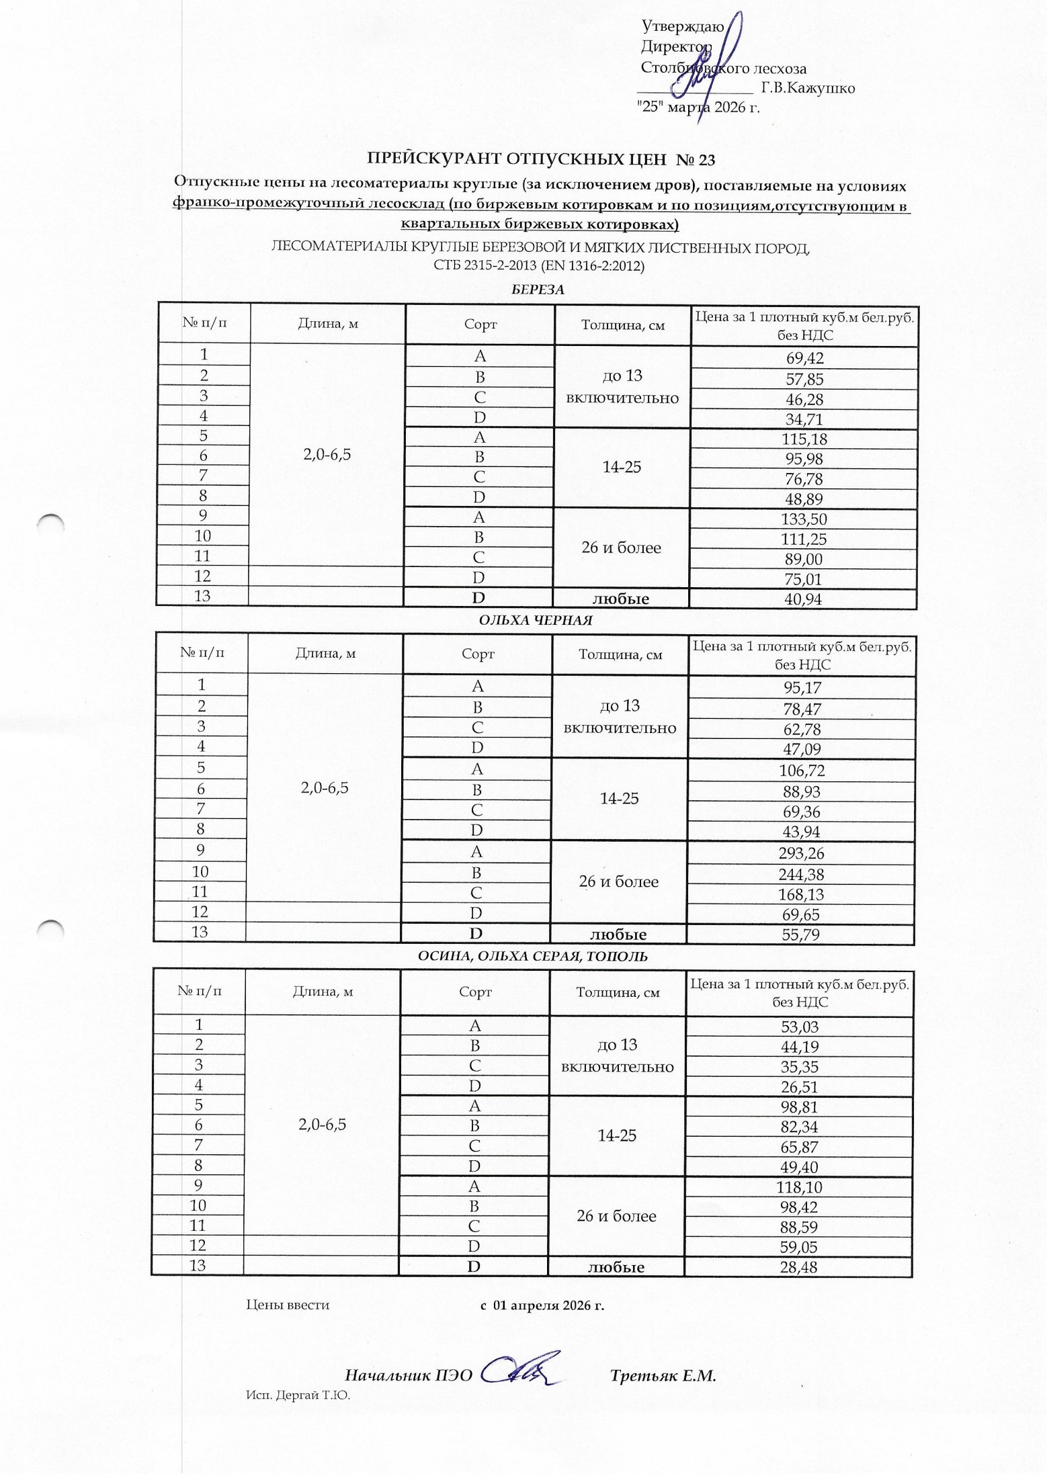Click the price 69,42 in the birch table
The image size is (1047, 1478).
click(804, 358)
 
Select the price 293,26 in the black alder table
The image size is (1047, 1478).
click(802, 853)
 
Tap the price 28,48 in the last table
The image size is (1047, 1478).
click(799, 1267)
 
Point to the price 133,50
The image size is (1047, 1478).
click(804, 519)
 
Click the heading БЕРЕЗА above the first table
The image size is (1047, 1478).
click(537, 290)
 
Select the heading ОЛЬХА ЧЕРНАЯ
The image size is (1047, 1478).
click(536, 620)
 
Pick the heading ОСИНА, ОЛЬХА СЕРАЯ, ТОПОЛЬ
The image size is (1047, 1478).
click(533, 956)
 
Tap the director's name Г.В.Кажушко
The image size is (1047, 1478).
click(808, 88)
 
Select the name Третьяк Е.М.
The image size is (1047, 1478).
click(663, 1375)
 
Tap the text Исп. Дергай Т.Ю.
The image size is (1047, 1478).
click(298, 1395)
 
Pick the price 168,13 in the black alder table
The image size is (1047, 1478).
click(802, 894)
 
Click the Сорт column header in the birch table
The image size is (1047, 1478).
click(480, 324)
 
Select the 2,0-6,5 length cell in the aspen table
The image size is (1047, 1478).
click(323, 1125)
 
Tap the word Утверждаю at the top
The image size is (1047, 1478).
click(682, 27)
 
